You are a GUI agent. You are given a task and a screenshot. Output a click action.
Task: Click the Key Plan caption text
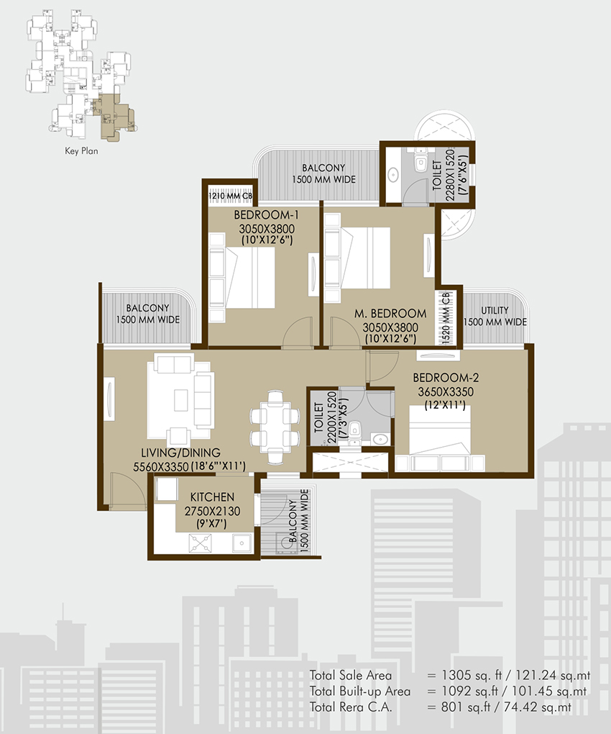81,151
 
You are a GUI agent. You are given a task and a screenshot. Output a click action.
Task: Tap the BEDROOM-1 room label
266,215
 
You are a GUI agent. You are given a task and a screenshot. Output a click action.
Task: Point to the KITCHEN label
212,497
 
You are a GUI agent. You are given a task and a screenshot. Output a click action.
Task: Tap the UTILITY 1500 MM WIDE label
495,316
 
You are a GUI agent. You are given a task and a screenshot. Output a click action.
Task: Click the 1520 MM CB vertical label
446,317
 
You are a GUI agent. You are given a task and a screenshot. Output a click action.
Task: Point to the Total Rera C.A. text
350,707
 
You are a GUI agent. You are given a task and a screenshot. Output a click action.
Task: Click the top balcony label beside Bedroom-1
323,173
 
